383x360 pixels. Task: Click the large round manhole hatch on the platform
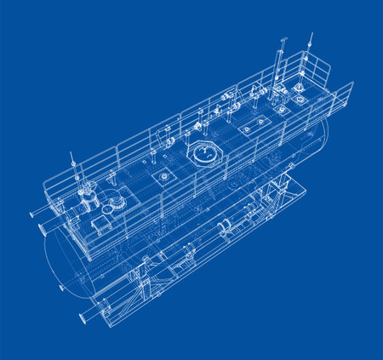[x=204, y=155]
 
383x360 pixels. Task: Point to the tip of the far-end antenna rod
[x=311, y=35]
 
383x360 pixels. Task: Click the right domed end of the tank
[x=323, y=140]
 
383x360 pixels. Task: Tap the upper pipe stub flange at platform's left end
[x=34, y=214]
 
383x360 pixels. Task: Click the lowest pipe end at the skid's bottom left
[x=83, y=318]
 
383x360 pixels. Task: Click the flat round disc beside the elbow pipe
[x=113, y=204]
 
